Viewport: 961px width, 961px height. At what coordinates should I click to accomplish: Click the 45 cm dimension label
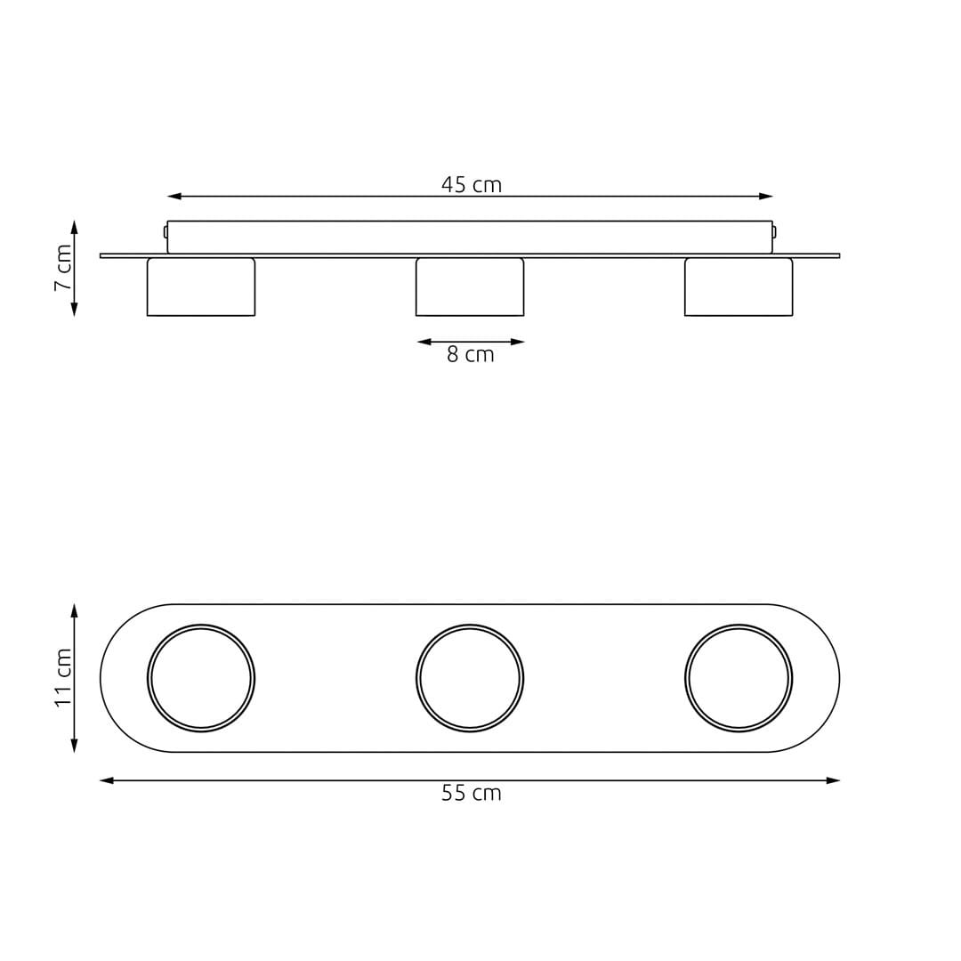pos(472,184)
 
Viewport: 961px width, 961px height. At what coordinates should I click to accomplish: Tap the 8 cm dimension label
pos(470,355)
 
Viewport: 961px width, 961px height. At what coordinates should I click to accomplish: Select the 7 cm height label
pos(63,268)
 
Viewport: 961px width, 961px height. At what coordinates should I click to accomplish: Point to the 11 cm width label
pos(63,678)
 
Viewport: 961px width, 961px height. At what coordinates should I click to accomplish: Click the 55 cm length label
pos(472,794)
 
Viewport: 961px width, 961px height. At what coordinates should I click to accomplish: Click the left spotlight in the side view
pos(201,287)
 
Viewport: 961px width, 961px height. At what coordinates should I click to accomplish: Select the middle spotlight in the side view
pos(470,287)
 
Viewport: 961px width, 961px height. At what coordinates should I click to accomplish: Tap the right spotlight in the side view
pos(739,287)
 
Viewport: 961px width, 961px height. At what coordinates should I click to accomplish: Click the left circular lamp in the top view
pos(201,678)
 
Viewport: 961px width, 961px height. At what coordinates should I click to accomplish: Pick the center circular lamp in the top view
pos(470,678)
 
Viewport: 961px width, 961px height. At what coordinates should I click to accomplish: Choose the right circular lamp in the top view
pos(739,678)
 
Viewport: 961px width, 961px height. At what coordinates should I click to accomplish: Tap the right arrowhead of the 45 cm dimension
pos(766,196)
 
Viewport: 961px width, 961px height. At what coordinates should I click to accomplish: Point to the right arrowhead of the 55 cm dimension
pos(833,780)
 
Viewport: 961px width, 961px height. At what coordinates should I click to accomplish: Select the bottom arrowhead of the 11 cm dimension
pos(75,746)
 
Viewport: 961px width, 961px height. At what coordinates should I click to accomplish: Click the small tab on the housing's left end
pos(166,232)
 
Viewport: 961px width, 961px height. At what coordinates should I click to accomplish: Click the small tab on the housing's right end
pos(774,232)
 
